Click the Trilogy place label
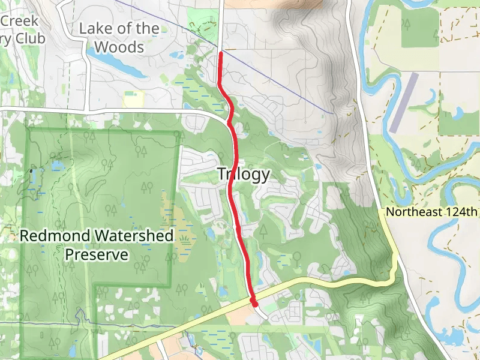tap(243, 175)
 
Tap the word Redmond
tap(51, 236)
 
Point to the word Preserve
tap(97, 255)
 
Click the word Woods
tap(119, 47)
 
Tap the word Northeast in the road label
tap(414, 212)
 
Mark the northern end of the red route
tap(221, 53)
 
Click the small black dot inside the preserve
tap(31, 170)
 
